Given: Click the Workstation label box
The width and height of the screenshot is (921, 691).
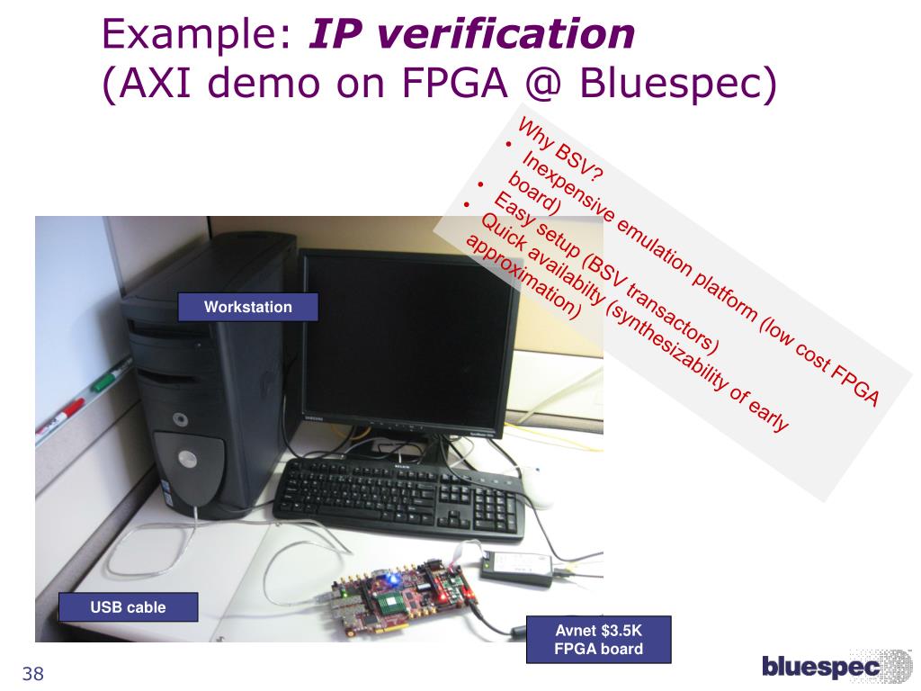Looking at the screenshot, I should (x=248, y=307).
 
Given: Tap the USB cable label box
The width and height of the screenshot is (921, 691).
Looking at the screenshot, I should (x=128, y=607).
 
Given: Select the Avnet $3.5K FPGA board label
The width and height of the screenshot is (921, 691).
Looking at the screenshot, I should (x=598, y=639).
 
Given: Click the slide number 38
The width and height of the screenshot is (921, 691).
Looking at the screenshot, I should (x=33, y=674).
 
